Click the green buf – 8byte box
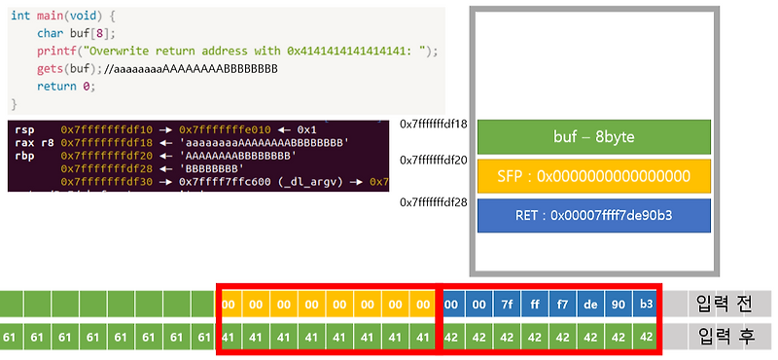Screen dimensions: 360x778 coord(593,136)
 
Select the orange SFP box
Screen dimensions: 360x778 coord(593,175)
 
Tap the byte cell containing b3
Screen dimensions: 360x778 coord(647,304)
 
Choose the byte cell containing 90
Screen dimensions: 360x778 coord(619,304)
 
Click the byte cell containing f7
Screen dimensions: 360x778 coord(564,304)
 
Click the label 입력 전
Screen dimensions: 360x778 coord(725,304)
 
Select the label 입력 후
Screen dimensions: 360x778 coord(725,338)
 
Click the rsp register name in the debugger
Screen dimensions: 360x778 coord(22,128)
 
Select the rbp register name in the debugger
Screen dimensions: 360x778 coord(22,155)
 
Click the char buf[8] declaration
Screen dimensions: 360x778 coord(70,33)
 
